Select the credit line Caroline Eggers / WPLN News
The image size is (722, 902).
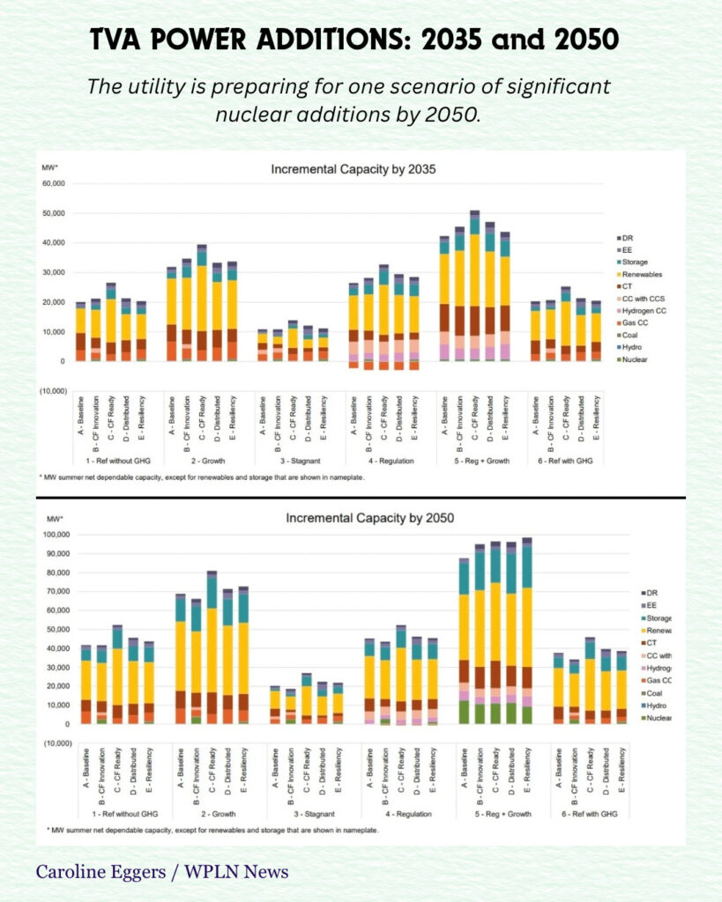tap(162, 872)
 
